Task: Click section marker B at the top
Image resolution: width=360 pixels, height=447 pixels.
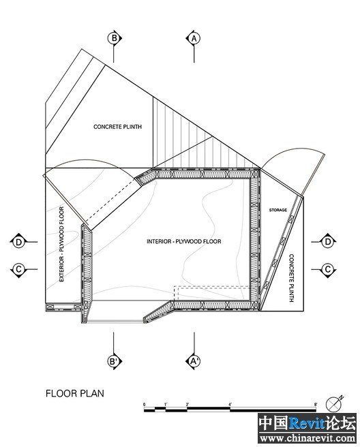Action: pyautogui.click(x=114, y=38)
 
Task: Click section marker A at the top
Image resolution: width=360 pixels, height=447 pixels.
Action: pyautogui.click(x=194, y=38)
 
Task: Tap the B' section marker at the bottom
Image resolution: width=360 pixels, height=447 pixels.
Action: pyautogui.click(x=114, y=361)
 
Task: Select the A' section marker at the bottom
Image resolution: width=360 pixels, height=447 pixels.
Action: pyautogui.click(x=194, y=361)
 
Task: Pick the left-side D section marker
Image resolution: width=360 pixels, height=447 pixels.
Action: pyautogui.click(x=18, y=242)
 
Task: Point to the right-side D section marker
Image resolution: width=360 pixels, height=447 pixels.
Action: pyautogui.click(x=328, y=242)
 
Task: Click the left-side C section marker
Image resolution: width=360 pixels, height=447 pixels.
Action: pyautogui.click(x=18, y=269)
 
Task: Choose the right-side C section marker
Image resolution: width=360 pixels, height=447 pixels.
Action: pyautogui.click(x=328, y=269)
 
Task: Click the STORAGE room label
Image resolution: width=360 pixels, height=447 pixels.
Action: pyautogui.click(x=278, y=210)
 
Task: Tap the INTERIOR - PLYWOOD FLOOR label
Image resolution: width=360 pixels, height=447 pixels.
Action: pyautogui.click(x=184, y=241)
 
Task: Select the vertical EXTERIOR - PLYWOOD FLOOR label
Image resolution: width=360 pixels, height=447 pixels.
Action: pyautogui.click(x=61, y=245)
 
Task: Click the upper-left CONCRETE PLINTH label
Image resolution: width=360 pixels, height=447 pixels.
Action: pyautogui.click(x=117, y=127)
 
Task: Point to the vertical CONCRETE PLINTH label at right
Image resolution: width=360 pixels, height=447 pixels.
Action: pyautogui.click(x=291, y=278)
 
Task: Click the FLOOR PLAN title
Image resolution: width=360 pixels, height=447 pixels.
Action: pyautogui.click(x=75, y=394)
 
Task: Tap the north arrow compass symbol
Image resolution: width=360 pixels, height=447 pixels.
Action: pyautogui.click(x=333, y=404)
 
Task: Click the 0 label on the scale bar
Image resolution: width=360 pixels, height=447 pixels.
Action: pyautogui.click(x=144, y=405)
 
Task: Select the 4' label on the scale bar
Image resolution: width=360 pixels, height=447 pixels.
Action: pyautogui.click(x=230, y=405)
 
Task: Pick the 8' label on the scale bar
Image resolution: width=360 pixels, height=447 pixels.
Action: pyautogui.click(x=316, y=405)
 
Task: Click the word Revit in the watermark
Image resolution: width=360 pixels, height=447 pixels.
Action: pyautogui.click(x=307, y=423)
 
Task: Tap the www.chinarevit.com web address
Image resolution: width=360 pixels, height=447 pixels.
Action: pyautogui.click(x=307, y=437)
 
